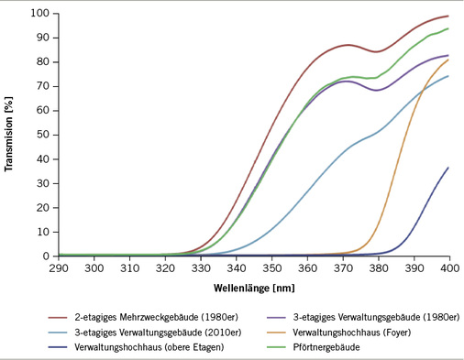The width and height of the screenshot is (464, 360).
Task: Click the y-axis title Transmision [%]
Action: tap(10, 135)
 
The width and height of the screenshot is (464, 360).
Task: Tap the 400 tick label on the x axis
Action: tap(448, 267)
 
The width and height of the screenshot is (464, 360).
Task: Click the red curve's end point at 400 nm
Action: tap(448, 16)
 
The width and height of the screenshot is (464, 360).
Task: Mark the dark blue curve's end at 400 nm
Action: tap(448, 168)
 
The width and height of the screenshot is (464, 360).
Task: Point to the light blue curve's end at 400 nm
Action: tap(448, 76)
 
